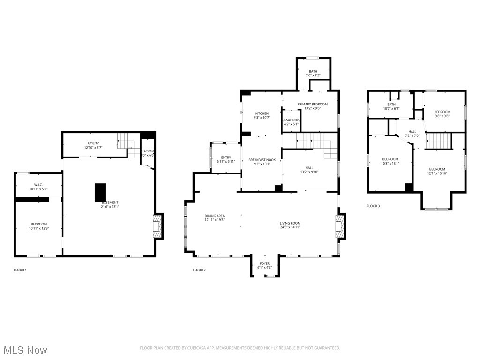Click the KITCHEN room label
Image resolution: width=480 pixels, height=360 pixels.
[x=262, y=113]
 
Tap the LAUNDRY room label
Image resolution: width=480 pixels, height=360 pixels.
[x=291, y=120]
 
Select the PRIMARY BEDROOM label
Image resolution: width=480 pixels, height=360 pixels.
[x=312, y=104]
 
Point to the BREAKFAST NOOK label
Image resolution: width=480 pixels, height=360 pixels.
[x=262, y=160]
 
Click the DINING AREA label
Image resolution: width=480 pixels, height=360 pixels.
[x=214, y=216]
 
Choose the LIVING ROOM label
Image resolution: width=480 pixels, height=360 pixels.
[x=290, y=223]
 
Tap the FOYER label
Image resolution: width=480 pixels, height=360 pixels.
[x=265, y=263]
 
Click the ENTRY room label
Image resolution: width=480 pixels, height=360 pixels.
[x=226, y=157]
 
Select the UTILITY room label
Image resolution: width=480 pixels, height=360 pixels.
[x=93, y=143]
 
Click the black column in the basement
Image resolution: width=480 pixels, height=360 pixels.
[x=100, y=192]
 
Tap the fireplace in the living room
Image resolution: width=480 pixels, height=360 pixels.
[x=340, y=226]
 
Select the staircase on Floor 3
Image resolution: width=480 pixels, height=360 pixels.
[x=438, y=140]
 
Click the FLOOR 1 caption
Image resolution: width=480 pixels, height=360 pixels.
[x=20, y=270]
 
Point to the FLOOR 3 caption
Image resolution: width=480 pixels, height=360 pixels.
[x=374, y=206]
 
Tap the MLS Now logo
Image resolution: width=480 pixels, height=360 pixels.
[x=24, y=350]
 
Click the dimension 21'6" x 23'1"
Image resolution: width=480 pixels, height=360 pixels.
[x=110, y=206]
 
